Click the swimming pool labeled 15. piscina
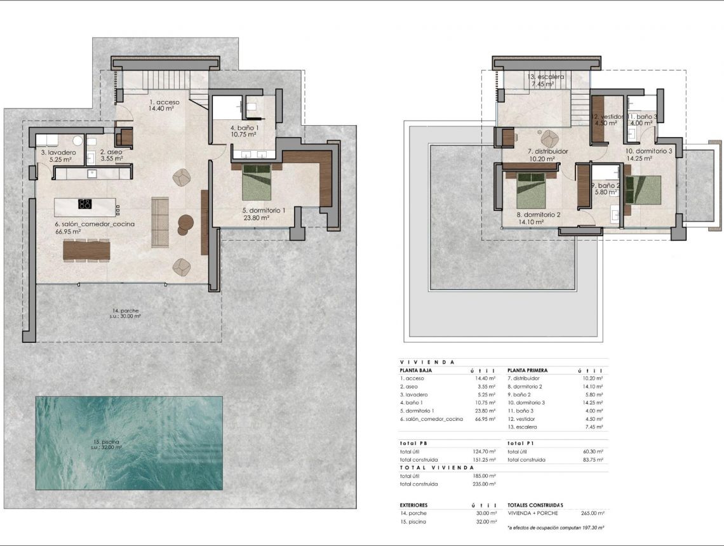pos(129,443)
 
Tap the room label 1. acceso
pos(164,105)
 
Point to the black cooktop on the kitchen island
pos(84,204)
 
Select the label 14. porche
pos(125,310)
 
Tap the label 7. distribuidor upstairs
pos(547,152)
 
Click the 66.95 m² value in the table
pos(485,419)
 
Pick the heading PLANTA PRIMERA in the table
pos(527,370)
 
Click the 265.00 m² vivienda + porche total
pos(592,513)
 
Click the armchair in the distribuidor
pos(548,137)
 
